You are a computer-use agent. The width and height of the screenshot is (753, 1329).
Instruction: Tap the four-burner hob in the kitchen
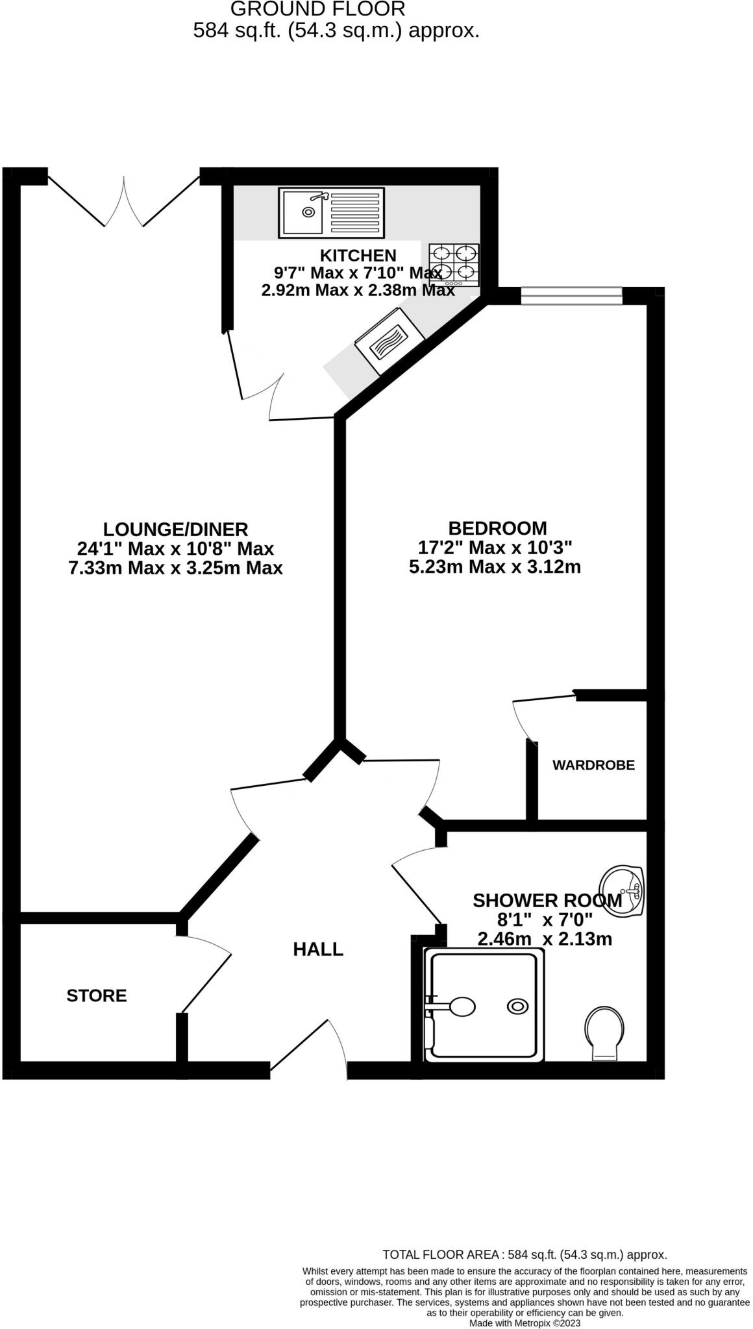click(454, 265)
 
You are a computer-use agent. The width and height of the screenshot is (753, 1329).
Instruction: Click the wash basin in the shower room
click(621, 890)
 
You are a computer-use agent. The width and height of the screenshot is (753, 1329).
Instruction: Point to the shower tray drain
click(517, 1006)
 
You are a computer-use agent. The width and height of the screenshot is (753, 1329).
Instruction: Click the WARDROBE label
click(593, 765)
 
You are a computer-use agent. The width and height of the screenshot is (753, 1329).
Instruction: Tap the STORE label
click(97, 995)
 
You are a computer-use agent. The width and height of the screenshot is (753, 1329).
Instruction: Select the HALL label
click(318, 949)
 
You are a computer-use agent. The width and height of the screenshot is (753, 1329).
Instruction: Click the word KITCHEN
click(358, 255)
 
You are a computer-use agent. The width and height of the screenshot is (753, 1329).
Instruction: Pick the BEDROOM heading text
click(498, 528)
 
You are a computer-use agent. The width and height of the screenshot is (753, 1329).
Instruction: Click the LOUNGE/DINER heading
click(176, 529)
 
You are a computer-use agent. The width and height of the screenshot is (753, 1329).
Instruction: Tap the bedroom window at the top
click(571, 296)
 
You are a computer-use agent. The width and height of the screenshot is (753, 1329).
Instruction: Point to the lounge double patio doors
click(123, 201)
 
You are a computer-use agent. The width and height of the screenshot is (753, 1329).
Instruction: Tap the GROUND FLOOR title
click(318, 9)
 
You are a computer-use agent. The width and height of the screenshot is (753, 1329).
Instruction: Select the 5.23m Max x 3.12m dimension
click(495, 567)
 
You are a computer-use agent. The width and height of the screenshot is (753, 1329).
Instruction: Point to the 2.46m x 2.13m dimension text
click(545, 938)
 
